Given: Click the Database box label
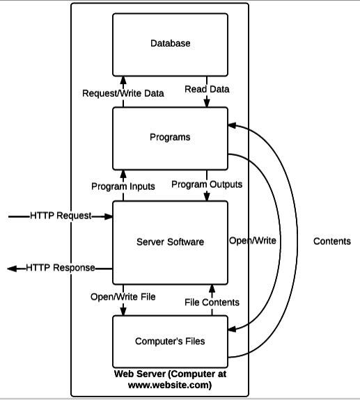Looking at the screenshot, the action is click(171, 43).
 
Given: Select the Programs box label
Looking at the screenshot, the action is click(170, 137).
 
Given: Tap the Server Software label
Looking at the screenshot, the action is click(171, 242).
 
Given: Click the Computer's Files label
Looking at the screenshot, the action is click(170, 341).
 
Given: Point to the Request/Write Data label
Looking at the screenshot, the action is click(123, 93).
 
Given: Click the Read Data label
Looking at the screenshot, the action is click(207, 89).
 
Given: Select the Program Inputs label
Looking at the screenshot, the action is click(123, 186).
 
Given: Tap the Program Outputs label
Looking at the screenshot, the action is click(207, 184).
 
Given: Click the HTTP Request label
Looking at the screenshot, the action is click(61, 216).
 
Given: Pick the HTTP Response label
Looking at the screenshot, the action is click(61, 268).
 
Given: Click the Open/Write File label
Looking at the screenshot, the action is click(123, 296).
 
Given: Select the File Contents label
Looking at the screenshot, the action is click(212, 303).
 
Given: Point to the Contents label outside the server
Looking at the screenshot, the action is click(332, 241).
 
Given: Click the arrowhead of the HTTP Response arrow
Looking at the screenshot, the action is click(11, 269).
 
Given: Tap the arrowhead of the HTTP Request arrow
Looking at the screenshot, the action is click(108, 216).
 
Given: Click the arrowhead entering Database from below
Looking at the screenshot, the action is click(123, 80).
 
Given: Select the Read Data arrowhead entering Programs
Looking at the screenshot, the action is click(207, 103).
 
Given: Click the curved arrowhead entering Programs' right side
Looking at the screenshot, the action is click(232, 125).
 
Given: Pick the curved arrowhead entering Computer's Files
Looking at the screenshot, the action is click(232, 329).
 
